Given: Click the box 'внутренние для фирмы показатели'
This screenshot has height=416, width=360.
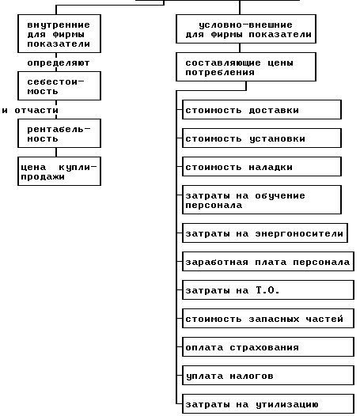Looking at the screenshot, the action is click(x=59, y=34).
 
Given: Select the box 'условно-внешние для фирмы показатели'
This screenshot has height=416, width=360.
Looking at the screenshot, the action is click(x=246, y=29).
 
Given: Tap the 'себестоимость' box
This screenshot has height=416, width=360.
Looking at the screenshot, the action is click(x=59, y=85).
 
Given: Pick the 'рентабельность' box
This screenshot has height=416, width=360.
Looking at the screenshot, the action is click(x=59, y=133).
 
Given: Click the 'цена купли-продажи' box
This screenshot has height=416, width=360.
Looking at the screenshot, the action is click(x=59, y=171).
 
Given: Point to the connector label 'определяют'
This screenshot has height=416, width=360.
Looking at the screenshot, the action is click(x=59, y=63).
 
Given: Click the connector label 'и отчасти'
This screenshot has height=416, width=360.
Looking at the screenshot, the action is click(x=30, y=111).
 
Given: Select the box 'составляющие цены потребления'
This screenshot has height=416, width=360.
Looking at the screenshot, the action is click(x=246, y=67).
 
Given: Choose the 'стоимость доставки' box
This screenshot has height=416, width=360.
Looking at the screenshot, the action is click(x=262, y=110).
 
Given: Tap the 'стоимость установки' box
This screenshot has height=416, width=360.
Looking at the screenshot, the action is click(x=262, y=138).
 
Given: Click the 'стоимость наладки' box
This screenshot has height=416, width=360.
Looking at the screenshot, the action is click(x=262, y=166).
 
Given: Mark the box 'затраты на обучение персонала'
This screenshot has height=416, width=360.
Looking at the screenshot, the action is click(x=262, y=200).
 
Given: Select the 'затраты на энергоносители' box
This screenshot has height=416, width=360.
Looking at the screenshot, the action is click(x=265, y=233).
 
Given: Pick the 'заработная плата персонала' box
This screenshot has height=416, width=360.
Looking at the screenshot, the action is click(x=268, y=261).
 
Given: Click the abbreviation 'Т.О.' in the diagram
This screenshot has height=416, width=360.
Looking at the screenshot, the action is click(x=267, y=290).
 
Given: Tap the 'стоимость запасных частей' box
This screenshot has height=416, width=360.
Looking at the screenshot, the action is click(x=268, y=319).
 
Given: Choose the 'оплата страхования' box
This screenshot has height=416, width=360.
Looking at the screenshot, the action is click(x=268, y=346).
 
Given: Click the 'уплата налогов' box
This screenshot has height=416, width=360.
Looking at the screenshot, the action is click(x=268, y=375).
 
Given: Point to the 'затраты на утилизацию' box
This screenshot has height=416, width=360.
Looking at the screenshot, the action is click(x=268, y=404).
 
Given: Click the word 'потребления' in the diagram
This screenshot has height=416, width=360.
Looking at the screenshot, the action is click(x=220, y=73).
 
